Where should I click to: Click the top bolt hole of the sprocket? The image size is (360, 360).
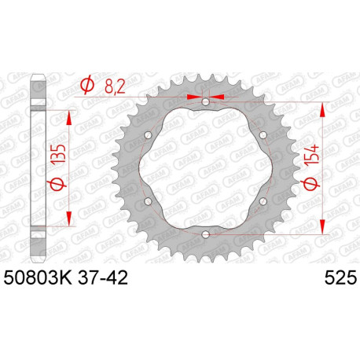tap(205, 102)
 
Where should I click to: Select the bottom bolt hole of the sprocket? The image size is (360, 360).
tap(205, 233)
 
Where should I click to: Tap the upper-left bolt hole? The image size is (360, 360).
tap(149, 135)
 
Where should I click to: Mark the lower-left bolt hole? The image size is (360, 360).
tap(149, 200)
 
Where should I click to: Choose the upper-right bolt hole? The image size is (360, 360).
tap(262, 135)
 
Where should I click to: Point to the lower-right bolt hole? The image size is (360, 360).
tap(262, 200)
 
